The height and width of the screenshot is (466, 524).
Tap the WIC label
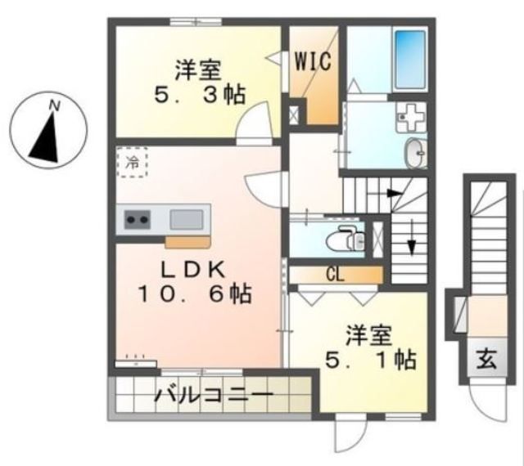pyautogui.click(x=313, y=62)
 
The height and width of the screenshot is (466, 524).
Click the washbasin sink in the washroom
pyautogui.click(x=416, y=151)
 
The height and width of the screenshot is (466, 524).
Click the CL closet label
pyautogui.click(x=335, y=274)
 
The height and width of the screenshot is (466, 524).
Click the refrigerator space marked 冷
pyautogui.click(x=132, y=161)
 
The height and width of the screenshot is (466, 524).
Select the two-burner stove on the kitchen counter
pyautogui.click(x=136, y=220)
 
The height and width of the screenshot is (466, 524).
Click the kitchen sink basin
pyautogui.click(x=187, y=219)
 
